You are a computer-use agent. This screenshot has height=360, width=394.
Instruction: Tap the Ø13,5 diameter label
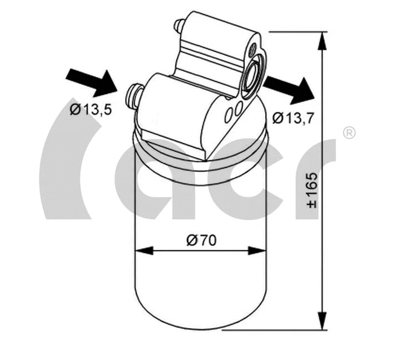[91, 109]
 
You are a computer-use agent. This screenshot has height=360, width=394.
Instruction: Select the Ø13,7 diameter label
[293, 117]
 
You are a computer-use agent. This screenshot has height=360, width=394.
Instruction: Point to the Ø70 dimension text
[201, 240]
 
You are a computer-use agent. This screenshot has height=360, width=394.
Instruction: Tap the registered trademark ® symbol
[349, 132]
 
